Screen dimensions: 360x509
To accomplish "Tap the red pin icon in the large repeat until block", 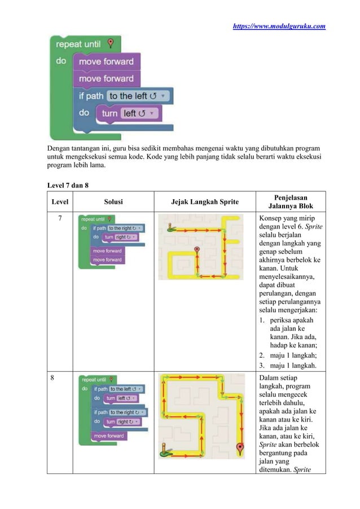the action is [x=111, y=43].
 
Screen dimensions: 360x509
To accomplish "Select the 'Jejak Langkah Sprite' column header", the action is [x=204, y=201].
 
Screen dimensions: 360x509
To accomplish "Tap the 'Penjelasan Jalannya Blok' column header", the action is [x=290, y=201].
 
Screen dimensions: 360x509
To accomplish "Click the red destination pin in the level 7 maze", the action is [x=196, y=250].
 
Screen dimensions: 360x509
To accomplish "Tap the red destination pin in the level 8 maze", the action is [x=239, y=449].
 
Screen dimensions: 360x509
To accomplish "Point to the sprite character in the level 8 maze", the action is [x=165, y=449].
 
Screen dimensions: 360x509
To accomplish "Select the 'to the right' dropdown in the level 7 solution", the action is [x=125, y=228].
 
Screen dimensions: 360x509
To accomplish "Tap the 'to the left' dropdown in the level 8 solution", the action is [x=126, y=389].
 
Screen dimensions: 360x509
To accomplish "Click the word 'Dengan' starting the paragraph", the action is [x=58, y=147].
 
